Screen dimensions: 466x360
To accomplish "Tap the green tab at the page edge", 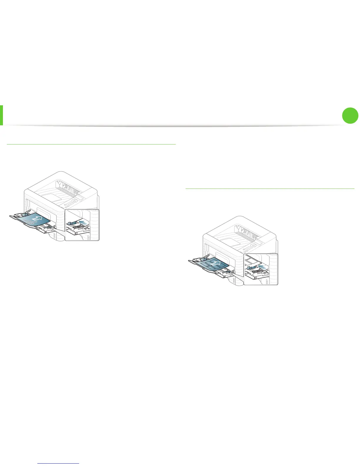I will (x=1, y=115).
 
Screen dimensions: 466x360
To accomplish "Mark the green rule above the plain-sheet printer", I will (x=91, y=144).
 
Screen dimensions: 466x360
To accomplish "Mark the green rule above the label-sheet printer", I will (x=270, y=189).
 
